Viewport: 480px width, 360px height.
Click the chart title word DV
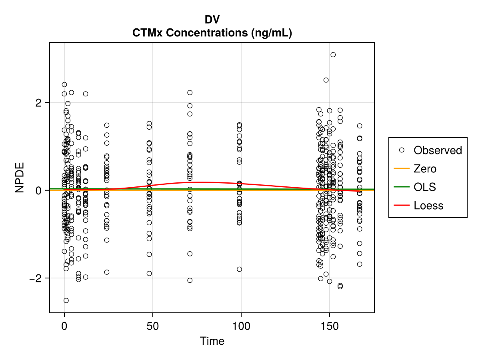pyautogui.click(x=212, y=20)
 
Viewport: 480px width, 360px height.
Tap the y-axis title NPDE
pyautogui.click(x=20, y=178)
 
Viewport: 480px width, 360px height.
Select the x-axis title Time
pyautogui.click(x=212, y=341)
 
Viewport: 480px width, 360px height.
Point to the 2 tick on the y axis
pyautogui.click(x=38, y=103)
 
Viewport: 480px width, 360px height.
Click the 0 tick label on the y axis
pyautogui.click(x=38, y=191)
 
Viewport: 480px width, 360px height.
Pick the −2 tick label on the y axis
pyautogui.click(x=36, y=278)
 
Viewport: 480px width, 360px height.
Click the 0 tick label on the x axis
pyautogui.click(x=64, y=326)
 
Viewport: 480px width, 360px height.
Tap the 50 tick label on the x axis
pyautogui.click(x=153, y=326)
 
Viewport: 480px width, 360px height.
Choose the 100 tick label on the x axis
pyautogui.click(x=241, y=326)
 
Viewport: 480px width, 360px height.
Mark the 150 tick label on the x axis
pyautogui.click(x=329, y=326)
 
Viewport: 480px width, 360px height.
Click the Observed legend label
pyautogui.click(x=438, y=150)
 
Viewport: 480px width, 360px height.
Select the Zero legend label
pyautogui.click(x=425, y=169)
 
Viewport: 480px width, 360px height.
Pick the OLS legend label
pyautogui.click(x=425, y=187)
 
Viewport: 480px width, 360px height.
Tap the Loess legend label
pyautogui.click(x=428, y=206)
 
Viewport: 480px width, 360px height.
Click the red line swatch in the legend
pyautogui.click(x=402, y=205)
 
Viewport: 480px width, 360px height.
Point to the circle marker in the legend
pyautogui.click(x=402, y=150)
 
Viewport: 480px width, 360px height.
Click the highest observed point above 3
pyautogui.click(x=333, y=55)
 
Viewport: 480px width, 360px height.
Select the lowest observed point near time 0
pyautogui.click(x=66, y=300)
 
